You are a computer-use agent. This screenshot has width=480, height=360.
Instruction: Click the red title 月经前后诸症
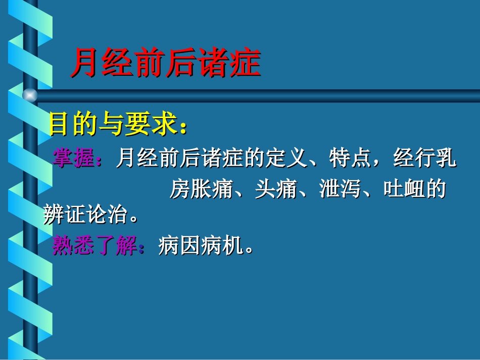165,63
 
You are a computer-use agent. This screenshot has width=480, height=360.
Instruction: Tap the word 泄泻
339,189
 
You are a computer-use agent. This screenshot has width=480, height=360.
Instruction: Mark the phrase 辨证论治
84,217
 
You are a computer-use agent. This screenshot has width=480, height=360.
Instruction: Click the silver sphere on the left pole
30,95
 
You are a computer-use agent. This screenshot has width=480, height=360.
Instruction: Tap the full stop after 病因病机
248,250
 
